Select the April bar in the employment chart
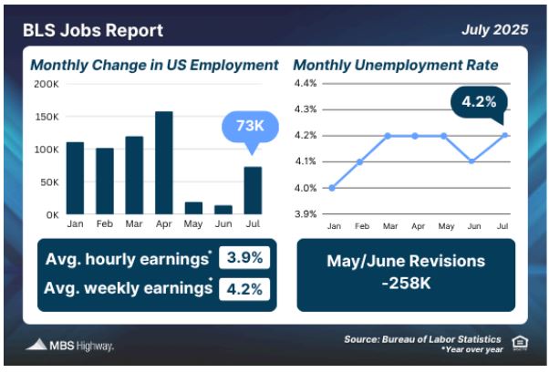click(x=164, y=162)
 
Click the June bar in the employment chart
click(x=223, y=210)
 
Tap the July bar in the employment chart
click(x=253, y=191)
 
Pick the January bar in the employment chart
click(x=76, y=178)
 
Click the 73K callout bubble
click(x=251, y=128)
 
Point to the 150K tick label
click(x=47, y=117)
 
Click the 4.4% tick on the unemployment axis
click(x=306, y=83)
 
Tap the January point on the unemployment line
click(x=332, y=188)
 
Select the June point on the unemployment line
click(x=471, y=161)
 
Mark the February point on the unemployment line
click(x=359, y=161)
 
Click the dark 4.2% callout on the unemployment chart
click(x=479, y=103)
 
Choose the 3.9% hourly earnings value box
click(x=244, y=258)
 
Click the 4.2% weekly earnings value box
click(x=244, y=289)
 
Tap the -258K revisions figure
click(x=406, y=283)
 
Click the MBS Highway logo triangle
click(x=36, y=345)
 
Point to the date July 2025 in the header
click(x=494, y=29)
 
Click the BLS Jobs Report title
click(x=93, y=30)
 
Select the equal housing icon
click(x=520, y=343)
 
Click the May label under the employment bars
click(x=193, y=223)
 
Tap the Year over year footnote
click(x=472, y=349)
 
